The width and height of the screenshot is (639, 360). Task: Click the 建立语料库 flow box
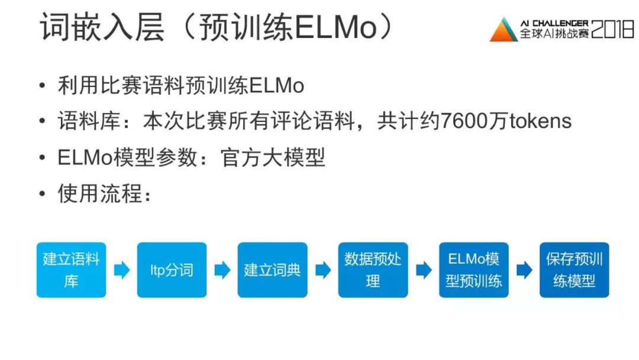pos(71,270)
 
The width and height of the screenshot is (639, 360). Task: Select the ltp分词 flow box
pos(172,270)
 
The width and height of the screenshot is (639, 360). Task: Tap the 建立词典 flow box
pos(272,270)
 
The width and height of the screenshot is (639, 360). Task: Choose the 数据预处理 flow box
pos(373,270)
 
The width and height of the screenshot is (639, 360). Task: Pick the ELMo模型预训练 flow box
pos(473,270)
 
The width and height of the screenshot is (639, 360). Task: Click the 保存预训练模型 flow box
pos(574,270)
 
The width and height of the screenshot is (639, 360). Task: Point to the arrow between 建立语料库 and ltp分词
pos(122,271)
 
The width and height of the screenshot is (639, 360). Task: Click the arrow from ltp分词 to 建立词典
pos(222,271)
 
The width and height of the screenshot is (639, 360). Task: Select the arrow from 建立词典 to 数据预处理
pos(323,271)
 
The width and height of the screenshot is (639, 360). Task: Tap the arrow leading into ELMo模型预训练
pos(424,271)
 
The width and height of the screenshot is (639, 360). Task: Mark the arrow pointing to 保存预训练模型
pos(524,271)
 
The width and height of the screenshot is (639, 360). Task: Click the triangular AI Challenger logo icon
pos(504,30)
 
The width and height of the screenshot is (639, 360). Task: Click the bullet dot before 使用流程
pos(41,194)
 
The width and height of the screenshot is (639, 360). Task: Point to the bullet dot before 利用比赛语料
pos(41,86)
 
